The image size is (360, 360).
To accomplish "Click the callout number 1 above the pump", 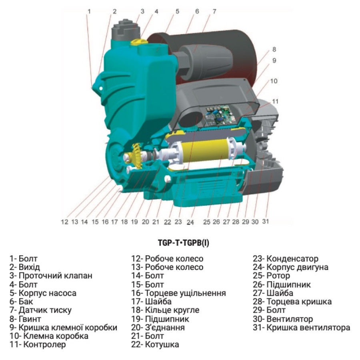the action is [x=89, y=11].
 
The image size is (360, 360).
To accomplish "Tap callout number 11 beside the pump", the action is [x=275, y=101].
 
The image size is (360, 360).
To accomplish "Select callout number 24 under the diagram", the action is [x=190, y=222].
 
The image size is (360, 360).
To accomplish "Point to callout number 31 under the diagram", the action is [x=266, y=221].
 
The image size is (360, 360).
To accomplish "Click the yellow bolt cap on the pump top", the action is [x=139, y=42].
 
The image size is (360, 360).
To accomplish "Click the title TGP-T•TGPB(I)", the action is [x=184, y=243].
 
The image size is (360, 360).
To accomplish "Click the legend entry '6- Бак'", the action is [x=21, y=302].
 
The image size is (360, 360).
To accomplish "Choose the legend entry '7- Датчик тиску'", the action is [x=40, y=310].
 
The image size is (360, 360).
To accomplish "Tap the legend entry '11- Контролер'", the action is [x=38, y=344].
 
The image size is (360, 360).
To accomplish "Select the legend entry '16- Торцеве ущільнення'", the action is [x=178, y=293].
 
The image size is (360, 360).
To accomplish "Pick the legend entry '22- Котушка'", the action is [x=155, y=344].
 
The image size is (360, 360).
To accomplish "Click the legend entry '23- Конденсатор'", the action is [x=286, y=259].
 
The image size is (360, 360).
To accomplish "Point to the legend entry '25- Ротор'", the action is [x=271, y=276].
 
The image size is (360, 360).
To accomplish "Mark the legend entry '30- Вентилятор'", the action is [x=283, y=319].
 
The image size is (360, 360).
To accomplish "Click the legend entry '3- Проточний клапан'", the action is [x=51, y=276].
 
